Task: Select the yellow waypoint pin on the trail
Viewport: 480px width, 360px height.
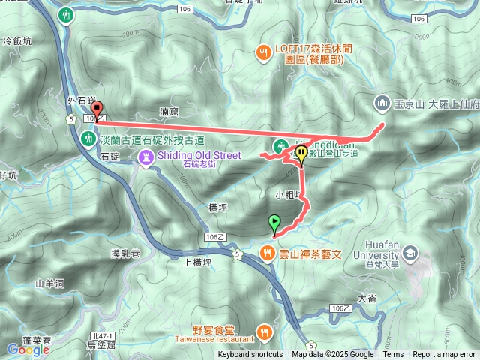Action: pyautogui.click(x=301, y=155)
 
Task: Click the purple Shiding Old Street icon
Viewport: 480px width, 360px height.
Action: pyautogui.click(x=145, y=157)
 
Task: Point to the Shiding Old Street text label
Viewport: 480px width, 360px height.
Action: pyautogui.click(x=198, y=156)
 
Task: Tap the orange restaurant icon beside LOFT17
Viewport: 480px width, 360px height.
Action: pyautogui.click(x=263, y=52)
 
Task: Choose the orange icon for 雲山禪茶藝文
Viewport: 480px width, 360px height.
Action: pyautogui.click(x=267, y=253)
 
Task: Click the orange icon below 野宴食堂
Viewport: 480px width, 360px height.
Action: pyautogui.click(x=264, y=331)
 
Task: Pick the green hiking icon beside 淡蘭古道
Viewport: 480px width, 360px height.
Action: pyautogui.click(x=88, y=139)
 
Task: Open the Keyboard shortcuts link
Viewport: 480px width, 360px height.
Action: pyautogui.click(x=250, y=355)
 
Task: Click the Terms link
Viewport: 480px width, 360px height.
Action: pyautogui.click(x=393, y=355)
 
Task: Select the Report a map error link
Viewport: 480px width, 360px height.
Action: pyautogui.click(x=444, y=355)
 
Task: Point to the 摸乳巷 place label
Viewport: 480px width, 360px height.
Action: pyautogui.click(x=125, y=254)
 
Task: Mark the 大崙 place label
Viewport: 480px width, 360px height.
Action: pyautogui.click(x=367, y=298)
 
